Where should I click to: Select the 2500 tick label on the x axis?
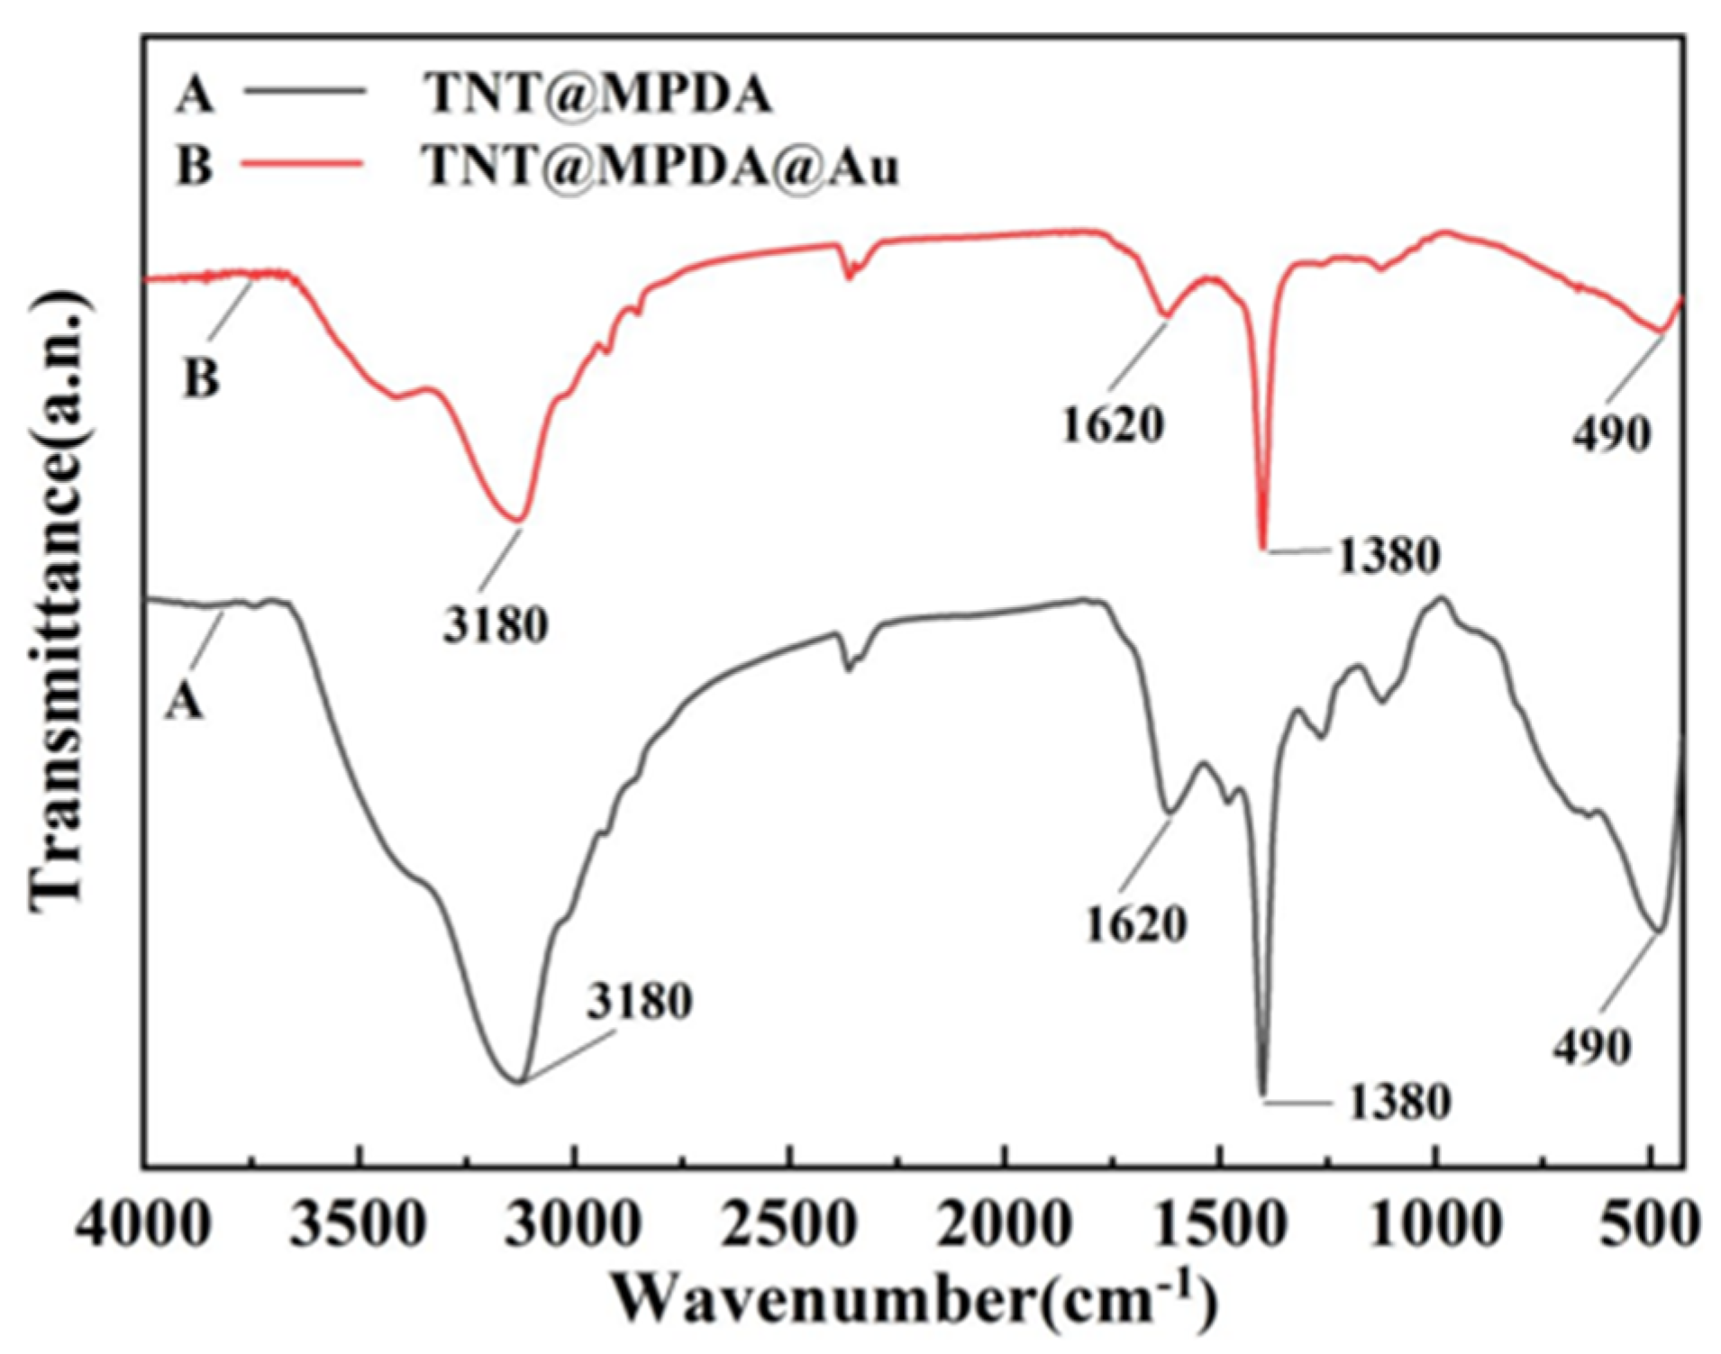791,1225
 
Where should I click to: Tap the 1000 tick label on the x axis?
1434,1225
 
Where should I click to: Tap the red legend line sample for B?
306,163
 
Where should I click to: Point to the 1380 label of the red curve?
1388,556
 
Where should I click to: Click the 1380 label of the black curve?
1398,1101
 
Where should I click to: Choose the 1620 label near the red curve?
1113,424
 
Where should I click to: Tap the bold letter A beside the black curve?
184,701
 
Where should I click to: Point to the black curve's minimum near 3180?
518,1081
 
